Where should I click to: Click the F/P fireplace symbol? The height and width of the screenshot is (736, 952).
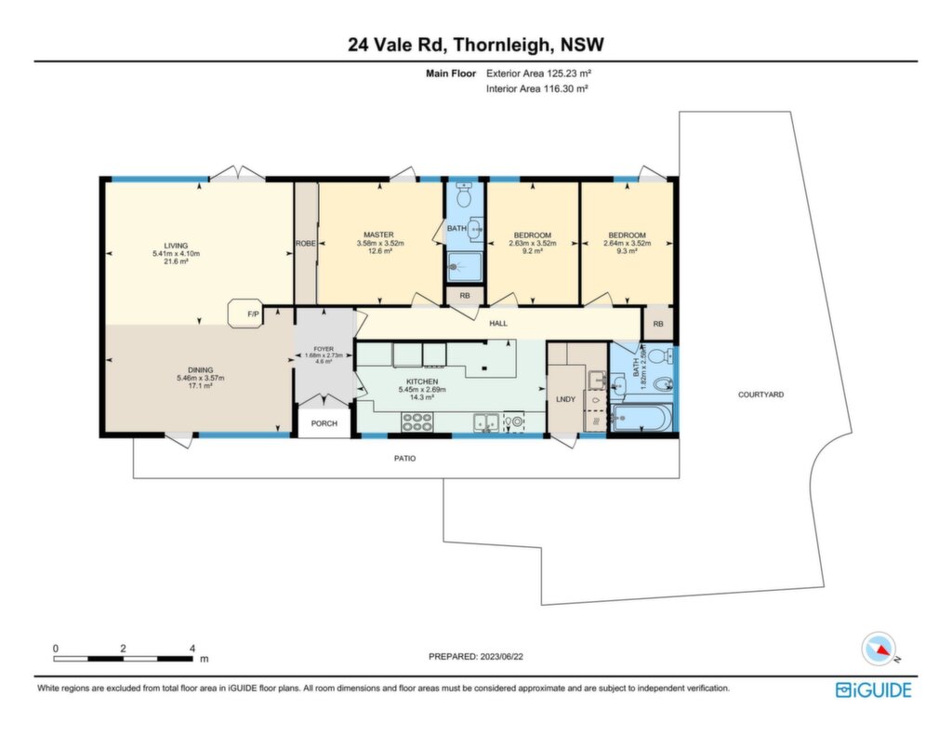coord(245,314)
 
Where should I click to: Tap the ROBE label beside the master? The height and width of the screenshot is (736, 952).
coord(305,243)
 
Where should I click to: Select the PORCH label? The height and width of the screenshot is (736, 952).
coord(324,423)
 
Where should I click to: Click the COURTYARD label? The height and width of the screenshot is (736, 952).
coord(760,395)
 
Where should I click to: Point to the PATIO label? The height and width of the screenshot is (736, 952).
coord(405,458)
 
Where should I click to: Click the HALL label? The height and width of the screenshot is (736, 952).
coord(498,323)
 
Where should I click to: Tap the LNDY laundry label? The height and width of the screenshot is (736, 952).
coord(565,398)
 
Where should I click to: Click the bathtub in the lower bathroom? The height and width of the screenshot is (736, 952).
coord(641,418)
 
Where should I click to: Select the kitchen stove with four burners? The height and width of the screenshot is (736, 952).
coord(417,422)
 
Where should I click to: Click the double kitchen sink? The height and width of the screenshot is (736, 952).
coord(486,422)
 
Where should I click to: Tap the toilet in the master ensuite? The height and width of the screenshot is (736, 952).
coord(465,194)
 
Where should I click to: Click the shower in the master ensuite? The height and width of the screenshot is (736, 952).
coord(465,267)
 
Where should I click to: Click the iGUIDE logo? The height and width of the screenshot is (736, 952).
coord(873,689)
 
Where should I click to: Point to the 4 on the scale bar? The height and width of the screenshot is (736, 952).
coord(192,648)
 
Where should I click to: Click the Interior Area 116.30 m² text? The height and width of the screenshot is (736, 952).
coord(536,88)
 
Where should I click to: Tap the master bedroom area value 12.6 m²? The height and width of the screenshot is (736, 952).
coord(380,250)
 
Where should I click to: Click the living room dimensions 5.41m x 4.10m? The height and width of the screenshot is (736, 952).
coord(176,253)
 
